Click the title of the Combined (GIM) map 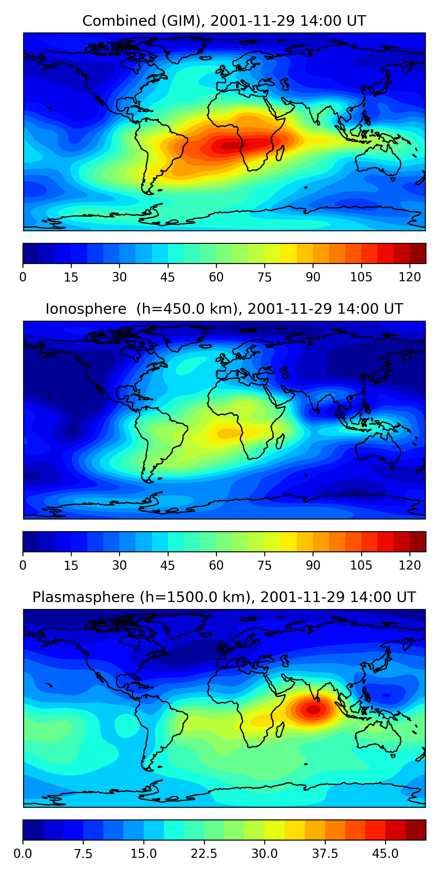click(x=224, y=21)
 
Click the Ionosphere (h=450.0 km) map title click(x=224, y=309)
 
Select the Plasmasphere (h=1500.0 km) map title click(x=224, y=597)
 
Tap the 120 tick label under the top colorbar click(x=409, y=277)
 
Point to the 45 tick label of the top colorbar click(x=167, y=277)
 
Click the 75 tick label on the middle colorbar click(x=264, y=565)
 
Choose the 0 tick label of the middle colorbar click(x=23, y=565)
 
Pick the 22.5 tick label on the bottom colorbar click(x=204, y=853)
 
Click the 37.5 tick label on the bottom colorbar click(x=325, y=853)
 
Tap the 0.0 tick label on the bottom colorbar click(x=23, y=853)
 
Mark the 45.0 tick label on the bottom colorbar click(x=385, y=853)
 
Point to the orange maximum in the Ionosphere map click(x=228, y=433)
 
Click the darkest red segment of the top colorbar click(x=418, y=253)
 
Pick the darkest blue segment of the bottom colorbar click(x=33, y=830)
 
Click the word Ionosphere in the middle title click(x=86, y=309)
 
